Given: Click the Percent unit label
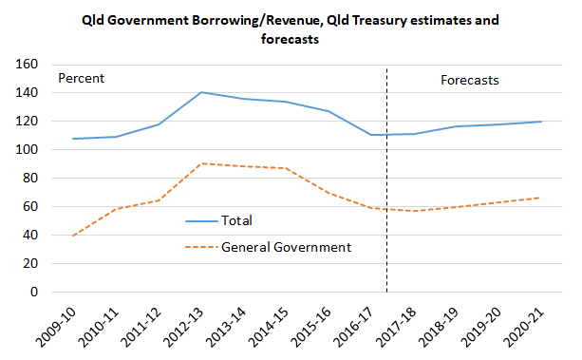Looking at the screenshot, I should point(82,79).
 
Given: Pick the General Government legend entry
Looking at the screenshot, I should point(286,247).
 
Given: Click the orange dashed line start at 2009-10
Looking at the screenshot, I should point(73,236).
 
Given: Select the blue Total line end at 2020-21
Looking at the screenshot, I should point(541,122).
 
